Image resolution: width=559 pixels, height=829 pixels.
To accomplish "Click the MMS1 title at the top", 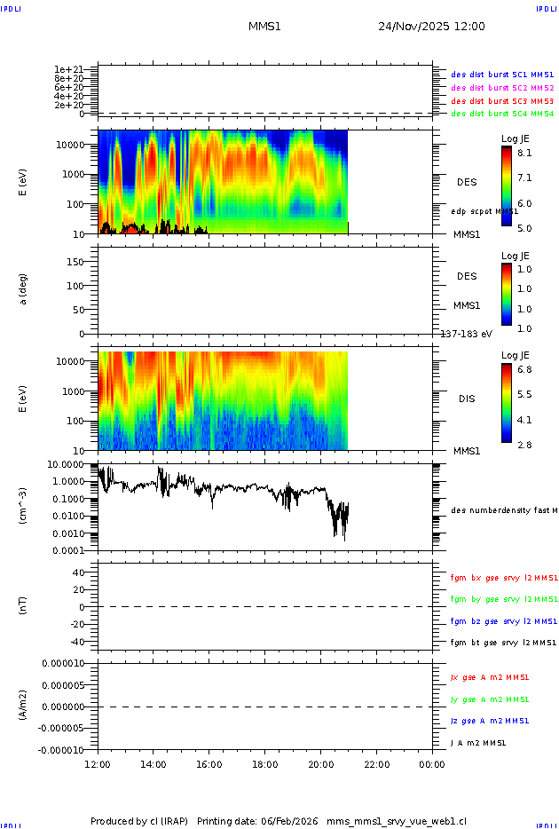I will coord(264,27).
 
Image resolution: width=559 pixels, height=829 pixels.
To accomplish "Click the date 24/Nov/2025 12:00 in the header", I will coord(431,27).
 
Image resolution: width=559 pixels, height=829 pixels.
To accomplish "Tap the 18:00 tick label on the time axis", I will coord(265,764).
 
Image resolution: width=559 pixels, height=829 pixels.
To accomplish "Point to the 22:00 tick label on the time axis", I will coord(377,764).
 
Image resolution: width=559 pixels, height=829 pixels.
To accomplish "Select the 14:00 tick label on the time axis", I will coord(154,764).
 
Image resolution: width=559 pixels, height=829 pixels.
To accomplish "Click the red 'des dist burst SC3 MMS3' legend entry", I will coord(502,101).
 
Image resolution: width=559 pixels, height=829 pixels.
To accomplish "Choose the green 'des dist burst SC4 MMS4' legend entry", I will coord(502,114).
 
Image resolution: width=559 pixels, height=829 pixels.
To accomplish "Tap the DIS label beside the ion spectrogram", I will coord(467,399).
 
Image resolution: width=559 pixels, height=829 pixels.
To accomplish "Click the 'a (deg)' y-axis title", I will coord(24,289).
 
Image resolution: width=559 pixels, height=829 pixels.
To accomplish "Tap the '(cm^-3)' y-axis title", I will coord(24,506).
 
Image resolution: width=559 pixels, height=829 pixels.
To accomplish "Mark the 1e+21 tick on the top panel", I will coord(68,69).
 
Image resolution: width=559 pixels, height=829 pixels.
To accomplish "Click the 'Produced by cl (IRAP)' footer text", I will coord(141,820).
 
